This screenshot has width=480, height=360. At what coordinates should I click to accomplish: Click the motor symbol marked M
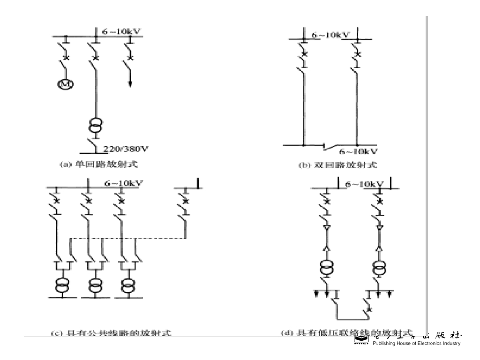63,84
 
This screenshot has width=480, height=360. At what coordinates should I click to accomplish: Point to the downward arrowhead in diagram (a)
130,83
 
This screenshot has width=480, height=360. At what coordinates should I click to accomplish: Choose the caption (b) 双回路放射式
338,165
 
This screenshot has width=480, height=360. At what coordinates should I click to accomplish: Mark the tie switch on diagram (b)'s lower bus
331,148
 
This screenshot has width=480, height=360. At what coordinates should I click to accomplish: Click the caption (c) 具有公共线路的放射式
111,333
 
